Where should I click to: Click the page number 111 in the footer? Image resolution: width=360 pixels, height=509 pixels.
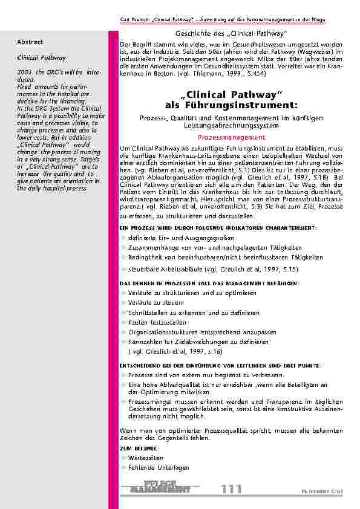231,489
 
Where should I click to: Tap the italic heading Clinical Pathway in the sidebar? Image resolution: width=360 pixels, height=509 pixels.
37,59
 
